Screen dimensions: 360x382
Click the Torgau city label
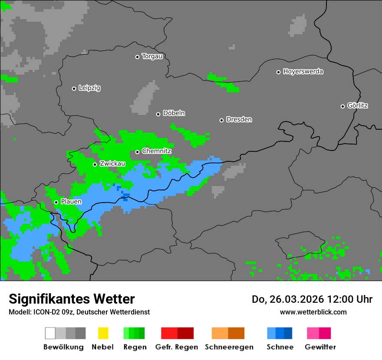pyautogui.click(x=152, y=56)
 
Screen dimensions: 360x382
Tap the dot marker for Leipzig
pyautogui.click(x=74, y=88)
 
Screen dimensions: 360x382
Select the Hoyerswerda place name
pyautogui.click(x=303, y=72)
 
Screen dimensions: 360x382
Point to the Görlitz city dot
pyautogui.click(x=342, y=106)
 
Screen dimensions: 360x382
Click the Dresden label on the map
pyautogui.click(x=239, y=120)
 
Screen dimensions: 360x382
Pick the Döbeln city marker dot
pyautogui.click(x=158, y=114)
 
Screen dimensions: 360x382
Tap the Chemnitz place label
pyautogui.click(x=157, y=151)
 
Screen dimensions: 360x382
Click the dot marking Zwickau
pyautogui.click(x=95, y=164)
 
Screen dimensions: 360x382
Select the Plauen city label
pyautogui.click(x=71, y=202)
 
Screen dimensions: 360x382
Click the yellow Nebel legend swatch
pyautogui.click(x=103, y=333)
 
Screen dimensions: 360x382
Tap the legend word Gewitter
pyautogui.click(x=320, y=347)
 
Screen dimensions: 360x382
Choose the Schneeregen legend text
pyautogui.click(x=229, y=347)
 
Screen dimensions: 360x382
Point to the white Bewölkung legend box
pyautogui.click(x=50, y=333)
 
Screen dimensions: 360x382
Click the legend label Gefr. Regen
pyautogui.click(x=177, y=347)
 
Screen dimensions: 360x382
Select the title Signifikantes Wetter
pyautogui.click(x=72, y=299)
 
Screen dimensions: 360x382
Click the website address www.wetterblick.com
pyautogui.click(x=313, y=312)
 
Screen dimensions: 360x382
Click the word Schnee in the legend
pyautogui.click(x=280, y=347)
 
